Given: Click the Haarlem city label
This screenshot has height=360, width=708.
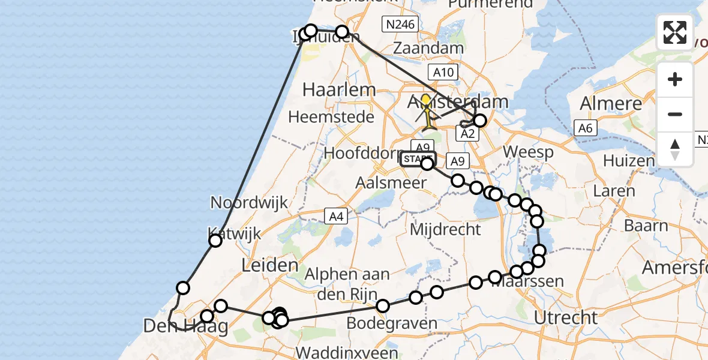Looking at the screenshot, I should (339, 90).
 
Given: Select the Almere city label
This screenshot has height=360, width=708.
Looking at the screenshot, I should (608, 103).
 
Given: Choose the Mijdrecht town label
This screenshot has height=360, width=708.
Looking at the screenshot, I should (446, 229).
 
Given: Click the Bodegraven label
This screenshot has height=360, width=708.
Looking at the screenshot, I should (392, 324).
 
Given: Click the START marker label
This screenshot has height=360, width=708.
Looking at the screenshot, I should (414, 159).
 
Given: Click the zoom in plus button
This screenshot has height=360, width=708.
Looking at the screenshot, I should (675, 79).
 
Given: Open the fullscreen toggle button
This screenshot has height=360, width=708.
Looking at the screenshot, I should (675, 32).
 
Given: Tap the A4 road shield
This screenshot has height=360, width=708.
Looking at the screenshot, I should (335, 217).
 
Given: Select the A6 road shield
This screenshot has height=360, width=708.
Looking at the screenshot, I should (585, 127).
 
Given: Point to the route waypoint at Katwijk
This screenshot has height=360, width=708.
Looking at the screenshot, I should (215, 241).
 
